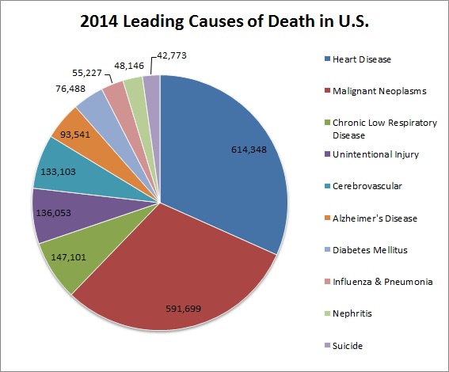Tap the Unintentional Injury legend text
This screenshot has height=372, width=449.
click(x=363, y=154)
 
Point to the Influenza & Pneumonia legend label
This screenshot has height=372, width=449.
click(x=371, y=282)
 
